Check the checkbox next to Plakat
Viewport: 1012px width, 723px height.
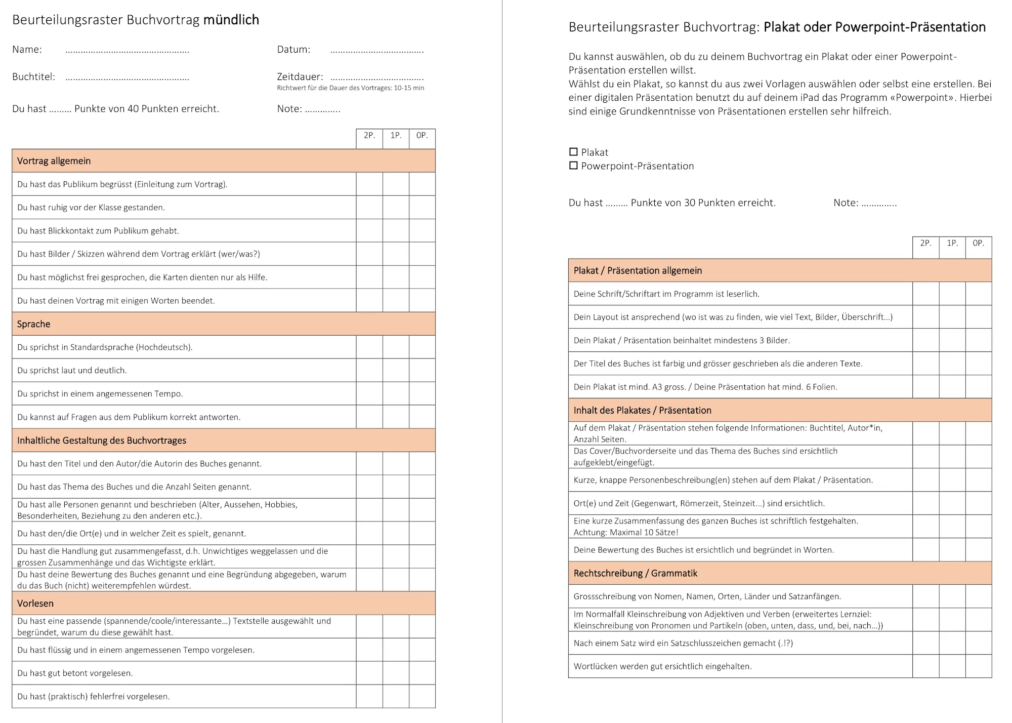573,152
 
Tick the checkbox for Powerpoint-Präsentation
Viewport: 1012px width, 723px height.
573,166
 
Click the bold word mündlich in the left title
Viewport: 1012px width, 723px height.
231,20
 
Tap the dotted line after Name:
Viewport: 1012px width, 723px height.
127,51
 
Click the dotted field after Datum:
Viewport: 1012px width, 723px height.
377,51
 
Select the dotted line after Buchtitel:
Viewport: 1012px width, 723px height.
127,78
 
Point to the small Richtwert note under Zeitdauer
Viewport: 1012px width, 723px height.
350,88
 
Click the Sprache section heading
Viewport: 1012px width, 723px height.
34,324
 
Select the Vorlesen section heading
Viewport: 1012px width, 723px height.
35,604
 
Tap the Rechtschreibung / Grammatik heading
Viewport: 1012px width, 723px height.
635,573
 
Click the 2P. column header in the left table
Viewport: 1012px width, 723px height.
369,136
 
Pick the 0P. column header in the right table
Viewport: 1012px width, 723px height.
979,244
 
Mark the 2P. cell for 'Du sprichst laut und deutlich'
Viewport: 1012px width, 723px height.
369,371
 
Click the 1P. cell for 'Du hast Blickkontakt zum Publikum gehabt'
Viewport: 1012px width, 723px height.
396,231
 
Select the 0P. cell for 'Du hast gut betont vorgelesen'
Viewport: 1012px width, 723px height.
422,673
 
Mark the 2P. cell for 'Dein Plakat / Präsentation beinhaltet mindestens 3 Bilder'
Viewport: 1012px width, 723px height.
926,340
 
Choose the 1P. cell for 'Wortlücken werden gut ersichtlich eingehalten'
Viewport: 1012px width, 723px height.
952,666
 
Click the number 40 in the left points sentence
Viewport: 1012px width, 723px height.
133,109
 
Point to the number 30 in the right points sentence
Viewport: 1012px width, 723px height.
690,203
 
